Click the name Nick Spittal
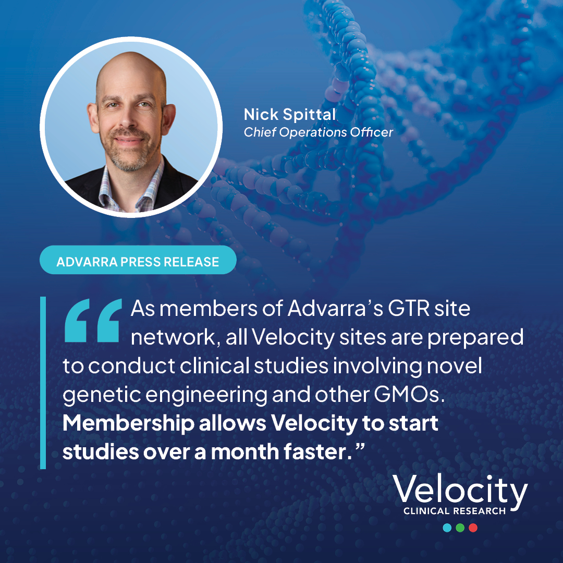point(290,115)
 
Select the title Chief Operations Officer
point(319,132)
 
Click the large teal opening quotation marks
point(93,320)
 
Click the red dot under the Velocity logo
point(473,528)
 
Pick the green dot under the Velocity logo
point(460,528)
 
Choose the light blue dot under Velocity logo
point(447,528)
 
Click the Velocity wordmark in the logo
point(460,491)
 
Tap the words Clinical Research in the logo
point(455,511)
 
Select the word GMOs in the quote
point(409,395)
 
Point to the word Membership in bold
point(129,424)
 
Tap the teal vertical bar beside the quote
point(43,383)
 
